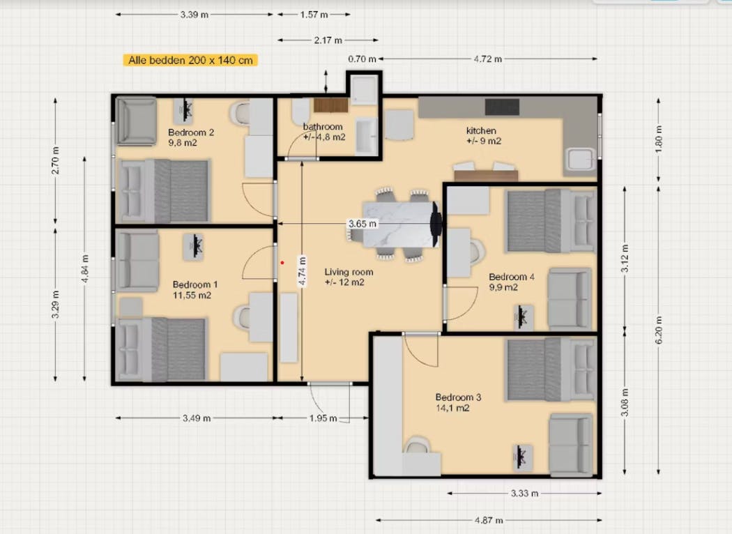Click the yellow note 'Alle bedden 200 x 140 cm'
tap(191, 61)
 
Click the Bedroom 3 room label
tap(458, 397)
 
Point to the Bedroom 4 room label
tap(512, 277)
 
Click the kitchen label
tap(481, 130)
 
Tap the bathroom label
tap(323, 127)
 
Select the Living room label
tap(349, 272)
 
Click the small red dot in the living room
tap(282, 263)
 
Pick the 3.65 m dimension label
tap(362, 224)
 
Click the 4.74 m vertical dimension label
tap(302, 273)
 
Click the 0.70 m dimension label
tap(362, 59)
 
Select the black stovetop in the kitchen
tap(502, 107)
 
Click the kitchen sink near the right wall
tap(581, 160)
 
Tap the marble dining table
tap(398, 224)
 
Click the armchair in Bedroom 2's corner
tap(136, 121)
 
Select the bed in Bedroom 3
tap(550, 369)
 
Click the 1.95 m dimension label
tap(323, 418)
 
